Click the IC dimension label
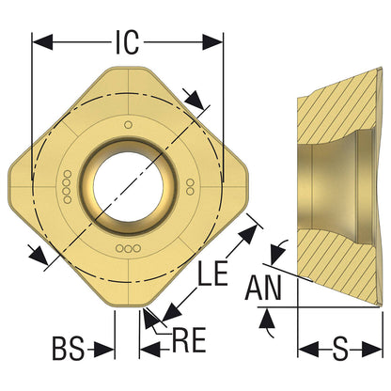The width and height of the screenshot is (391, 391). [x=127, y=42]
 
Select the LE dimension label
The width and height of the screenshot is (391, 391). [x=213, y=273]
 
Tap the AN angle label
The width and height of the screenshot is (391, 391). [x=263, y=289]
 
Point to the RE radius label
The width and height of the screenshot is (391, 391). [x=189, y=340]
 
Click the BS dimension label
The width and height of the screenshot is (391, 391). [x=69, y=348]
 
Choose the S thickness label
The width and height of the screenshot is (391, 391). [x=340, y=349]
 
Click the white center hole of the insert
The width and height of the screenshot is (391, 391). [x=128, y=187]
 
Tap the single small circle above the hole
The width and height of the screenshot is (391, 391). [x=128, y=125]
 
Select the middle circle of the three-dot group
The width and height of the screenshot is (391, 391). [x=129, y=248]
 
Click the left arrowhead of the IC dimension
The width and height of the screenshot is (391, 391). [x=42, y=42]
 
